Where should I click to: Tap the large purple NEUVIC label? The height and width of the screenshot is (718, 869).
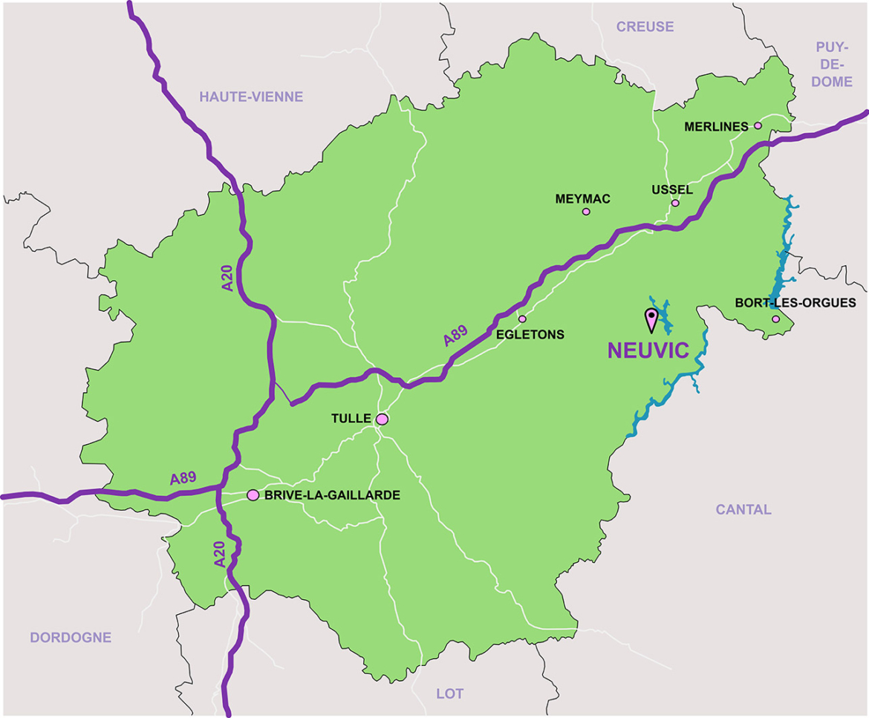point(649,351)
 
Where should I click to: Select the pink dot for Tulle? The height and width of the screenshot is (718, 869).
point(382,420)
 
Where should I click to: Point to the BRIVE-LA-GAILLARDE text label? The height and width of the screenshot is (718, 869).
point(332,495)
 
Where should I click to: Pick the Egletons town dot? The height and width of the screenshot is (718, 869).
point(522,319)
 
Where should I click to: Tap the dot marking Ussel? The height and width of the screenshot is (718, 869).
point(675,203)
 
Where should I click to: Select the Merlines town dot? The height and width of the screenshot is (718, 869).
point(758,126)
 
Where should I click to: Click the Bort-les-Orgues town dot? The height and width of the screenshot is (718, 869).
point(775,319)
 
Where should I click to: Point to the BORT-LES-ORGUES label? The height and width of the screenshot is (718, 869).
point(795,303)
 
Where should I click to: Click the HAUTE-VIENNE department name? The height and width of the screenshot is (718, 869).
point(251,97)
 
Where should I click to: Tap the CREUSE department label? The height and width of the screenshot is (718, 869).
point(645,27)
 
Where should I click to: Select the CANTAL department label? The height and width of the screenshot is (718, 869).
point(743,509)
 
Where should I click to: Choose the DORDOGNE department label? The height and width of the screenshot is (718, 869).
point(71,637)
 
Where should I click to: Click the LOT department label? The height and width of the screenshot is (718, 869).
point(449,693)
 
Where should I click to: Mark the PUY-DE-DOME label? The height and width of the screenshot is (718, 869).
point(832,64)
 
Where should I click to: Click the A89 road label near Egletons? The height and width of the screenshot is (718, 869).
point(455,336)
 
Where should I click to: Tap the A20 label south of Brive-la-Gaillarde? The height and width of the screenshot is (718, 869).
point(220,555)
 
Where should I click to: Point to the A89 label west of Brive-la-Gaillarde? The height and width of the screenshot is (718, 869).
point(183,478)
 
